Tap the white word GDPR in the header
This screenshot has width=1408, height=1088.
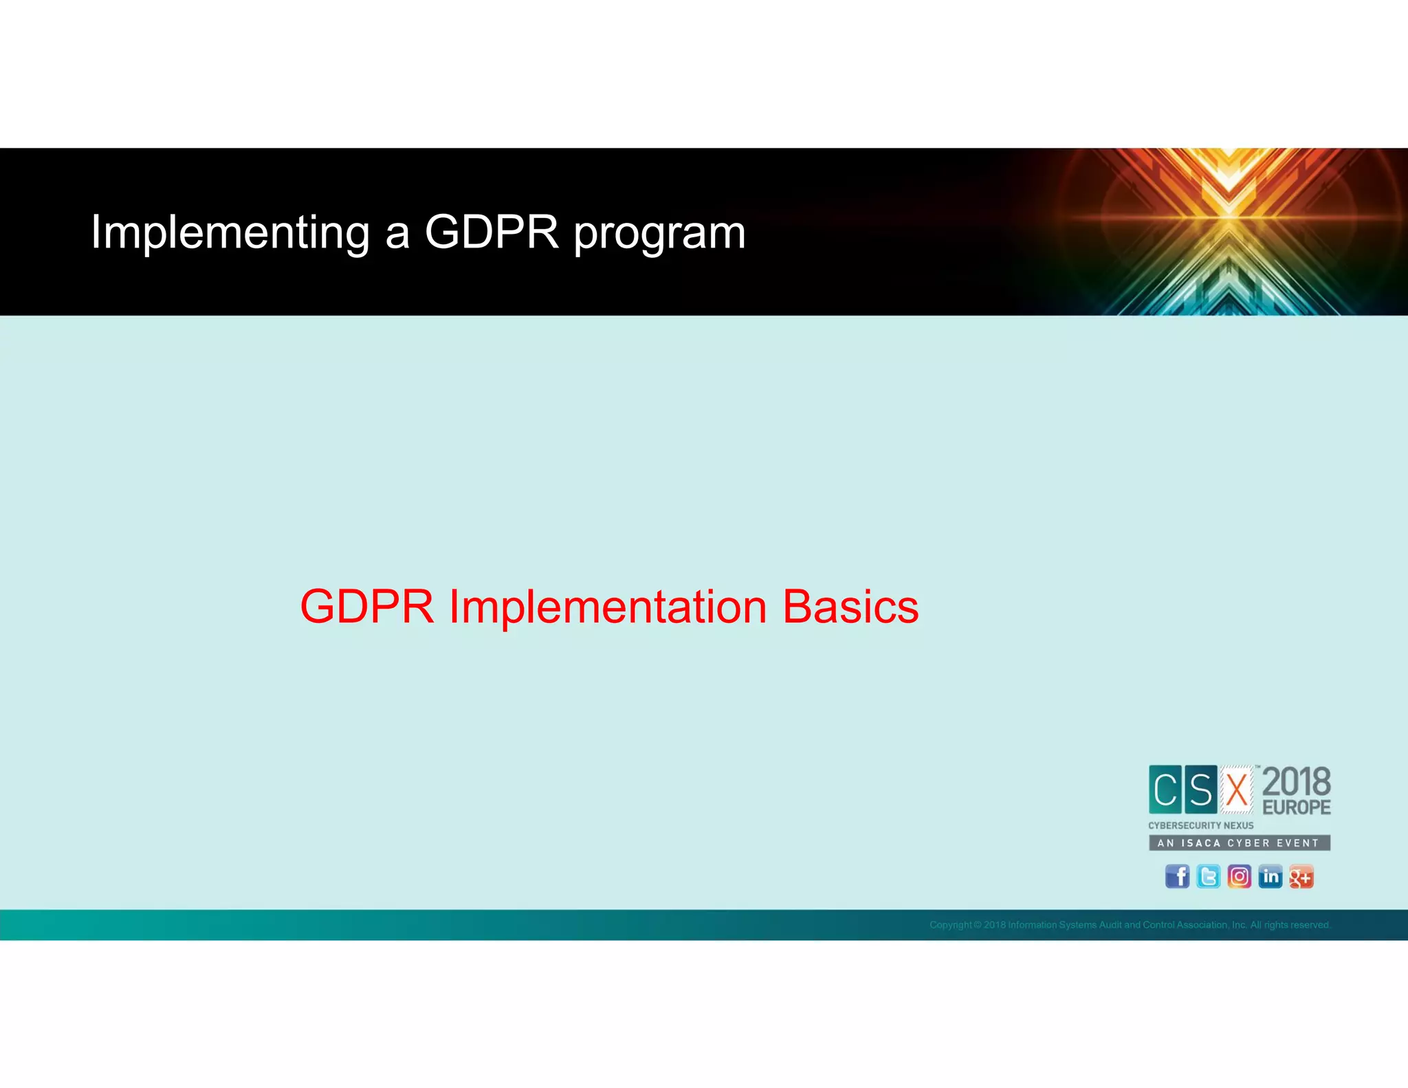(x=491, y=232)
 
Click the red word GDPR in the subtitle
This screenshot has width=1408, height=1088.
(x=367, y=607)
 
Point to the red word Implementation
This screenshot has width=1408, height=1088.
(x=608, y=607)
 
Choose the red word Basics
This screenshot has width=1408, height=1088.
(x=850, y=607)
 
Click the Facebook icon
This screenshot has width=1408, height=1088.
(x=1177, y=877)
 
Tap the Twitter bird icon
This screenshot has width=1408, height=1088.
(x=1208, y=877)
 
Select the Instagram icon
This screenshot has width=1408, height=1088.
(x=1239, y=877)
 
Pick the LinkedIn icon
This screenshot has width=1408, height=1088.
(x=1270, y=877)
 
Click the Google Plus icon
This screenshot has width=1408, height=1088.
(x=1301, y=877)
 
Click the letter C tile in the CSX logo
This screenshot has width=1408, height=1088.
(x=1165, y=790)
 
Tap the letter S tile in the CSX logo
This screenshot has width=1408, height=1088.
(x=1200, y=790)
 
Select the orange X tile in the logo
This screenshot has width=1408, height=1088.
(x=1237, y=790)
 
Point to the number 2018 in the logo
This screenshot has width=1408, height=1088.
(x=1297, y=782)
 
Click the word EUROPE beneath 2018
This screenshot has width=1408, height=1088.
(x=1297, y=807)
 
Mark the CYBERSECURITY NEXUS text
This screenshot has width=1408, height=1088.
(x=1200, y=825)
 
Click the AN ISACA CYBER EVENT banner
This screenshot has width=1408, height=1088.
(x=1239, y=842)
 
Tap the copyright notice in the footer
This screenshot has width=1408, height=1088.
(x=1130, y=925)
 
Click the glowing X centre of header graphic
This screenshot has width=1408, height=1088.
(x=1229, y=219)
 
